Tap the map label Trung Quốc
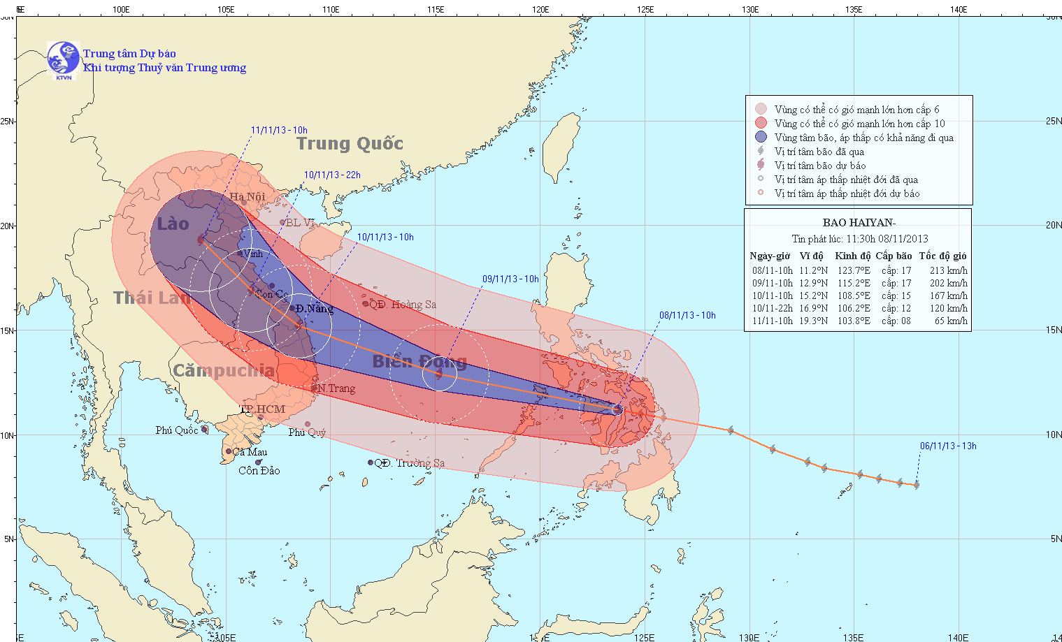(350, 144)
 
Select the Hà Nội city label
(247, 197)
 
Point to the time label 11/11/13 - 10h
(279, 131)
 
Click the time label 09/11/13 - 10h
(510, 279)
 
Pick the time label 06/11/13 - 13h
(948, 446)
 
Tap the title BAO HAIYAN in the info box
(859, 223)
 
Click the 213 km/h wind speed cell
(948, 271)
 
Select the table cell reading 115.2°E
(854, 284)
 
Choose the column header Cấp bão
(894, 256)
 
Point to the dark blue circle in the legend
(761, 138)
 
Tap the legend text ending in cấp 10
(859, 124)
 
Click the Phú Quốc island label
(176, 430)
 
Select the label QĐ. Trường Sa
(409, 463)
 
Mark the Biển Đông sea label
(419, 362)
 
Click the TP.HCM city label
(263, 409)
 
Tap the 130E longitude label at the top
(749, 10)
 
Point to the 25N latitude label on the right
(1053, 122)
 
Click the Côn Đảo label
(259, 471)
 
